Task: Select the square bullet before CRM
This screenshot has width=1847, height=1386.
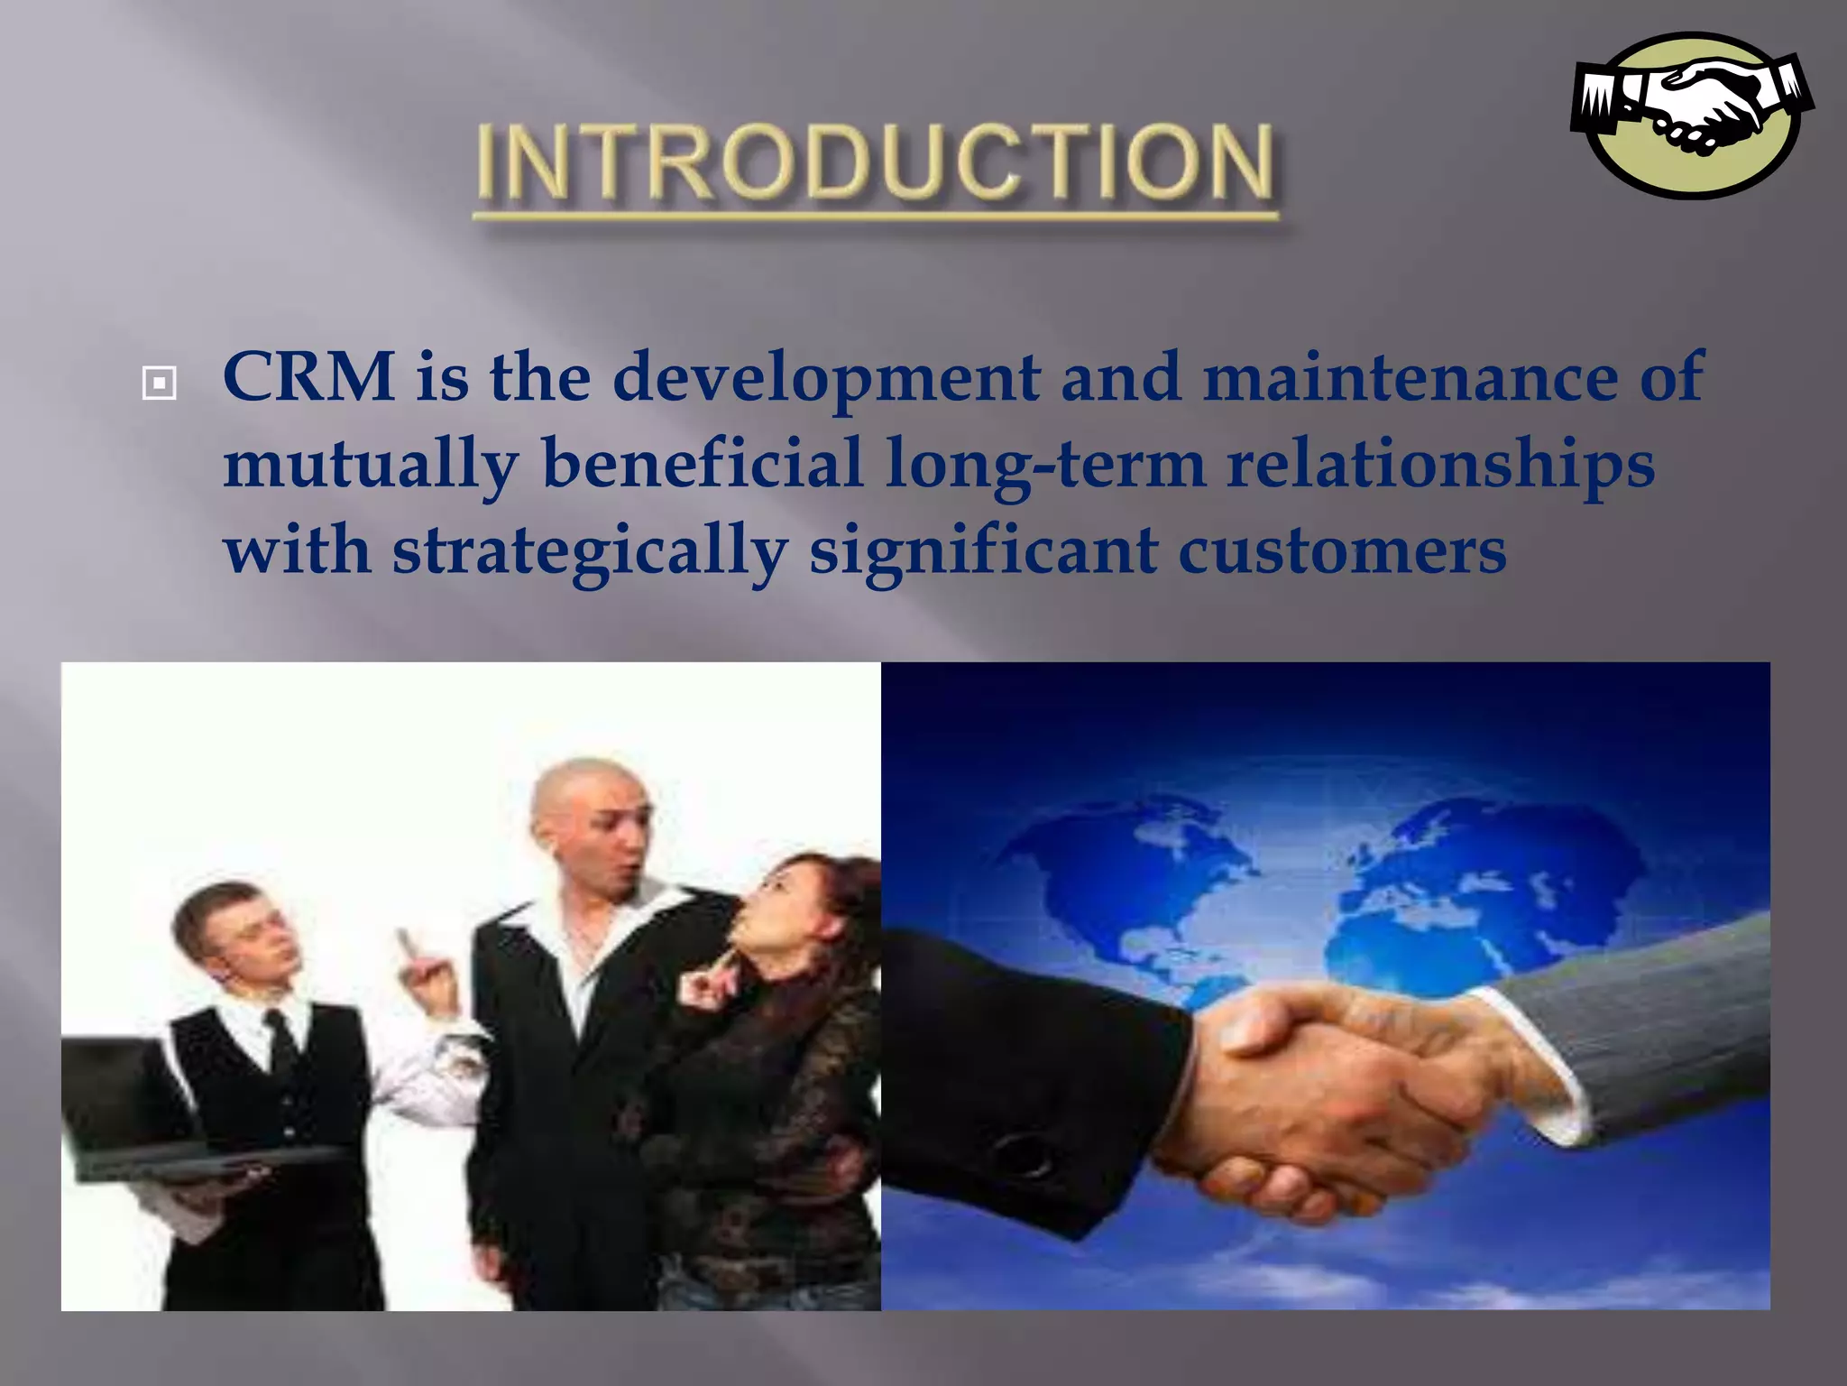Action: click(x=159, y=383)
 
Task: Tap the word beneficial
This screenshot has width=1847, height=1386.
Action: click(x=703, y=463)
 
